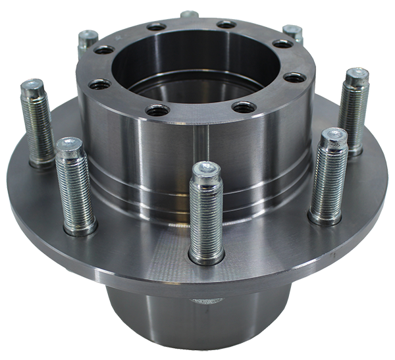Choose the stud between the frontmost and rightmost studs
coord(327,174)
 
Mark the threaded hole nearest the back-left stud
coord(104,50)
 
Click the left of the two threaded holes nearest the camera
coord(157,110)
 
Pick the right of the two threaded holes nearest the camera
coord(244,107)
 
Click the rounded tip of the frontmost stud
coord(205,168)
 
